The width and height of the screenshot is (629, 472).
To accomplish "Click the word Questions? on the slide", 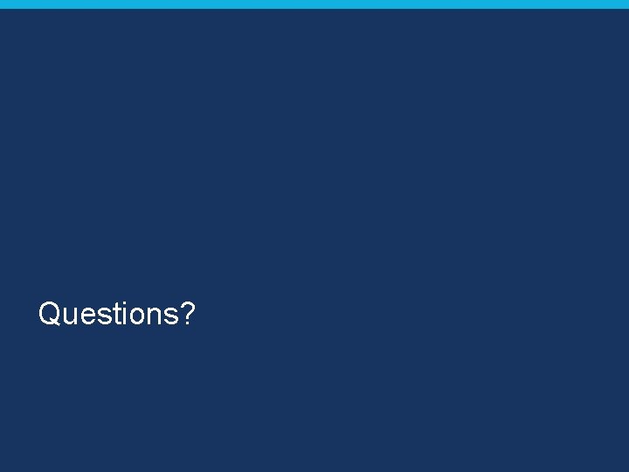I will [x=116, y=313].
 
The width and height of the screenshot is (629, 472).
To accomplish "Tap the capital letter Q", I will [x=50, y=313].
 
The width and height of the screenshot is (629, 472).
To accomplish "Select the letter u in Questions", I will [x=70, y=316].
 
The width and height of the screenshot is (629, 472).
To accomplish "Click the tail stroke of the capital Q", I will [x=57, y=324].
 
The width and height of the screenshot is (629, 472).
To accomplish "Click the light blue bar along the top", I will [x=314, y=4].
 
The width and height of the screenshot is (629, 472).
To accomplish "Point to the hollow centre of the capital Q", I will [x=50, y=313].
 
